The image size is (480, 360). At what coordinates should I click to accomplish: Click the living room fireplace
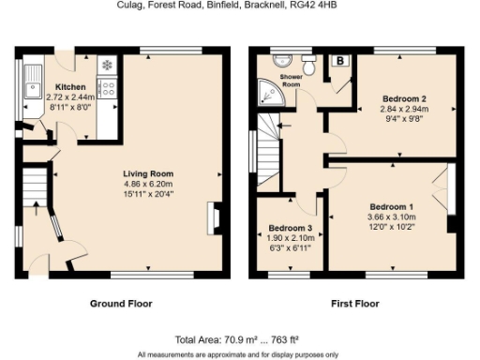(217, 217)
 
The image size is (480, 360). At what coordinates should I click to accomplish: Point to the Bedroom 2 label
(405, 97)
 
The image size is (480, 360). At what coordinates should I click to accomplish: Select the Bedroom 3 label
(290, 228)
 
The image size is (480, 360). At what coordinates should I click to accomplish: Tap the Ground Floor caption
(121, 304)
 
